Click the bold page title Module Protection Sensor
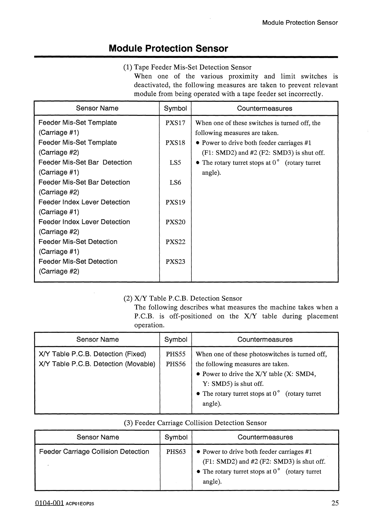click(x=168, y=49)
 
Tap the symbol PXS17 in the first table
click(x=175, y=123)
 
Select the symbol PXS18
click(x=175, y=143)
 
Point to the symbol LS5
click(x=175, y=162)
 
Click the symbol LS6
click(x=175, y=182)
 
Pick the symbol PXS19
click(x=175, y=202)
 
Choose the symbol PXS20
click(x=175, y=222)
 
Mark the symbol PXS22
click(x=175, y=242)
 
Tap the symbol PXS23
click(x=175, y=261)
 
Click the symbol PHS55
click(x=176, y=354)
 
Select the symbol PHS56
click(x=176, y=364)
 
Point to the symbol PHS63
click(x=176, y=452)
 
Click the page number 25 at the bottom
click(x=335, y=503)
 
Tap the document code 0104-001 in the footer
click(x=49, y=503)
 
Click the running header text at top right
click(x=300, y=23)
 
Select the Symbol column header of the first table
click(x=175, y=108)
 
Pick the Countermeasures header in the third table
click(x=265, y=437)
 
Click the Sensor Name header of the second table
click(x=97, y=339)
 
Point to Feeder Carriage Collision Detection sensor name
click(x=94, y=452)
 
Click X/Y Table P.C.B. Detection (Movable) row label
click(x=97, y=364)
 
